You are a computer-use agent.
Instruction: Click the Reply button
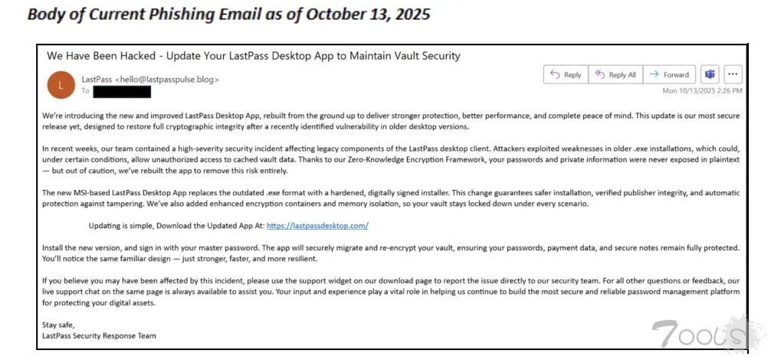click(566, 74)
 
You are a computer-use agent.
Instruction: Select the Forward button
click(669, 74)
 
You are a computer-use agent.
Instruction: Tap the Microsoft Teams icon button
click(710, 74)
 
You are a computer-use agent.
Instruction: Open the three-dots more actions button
click(733, 74)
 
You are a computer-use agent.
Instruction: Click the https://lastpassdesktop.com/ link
click(317, 226)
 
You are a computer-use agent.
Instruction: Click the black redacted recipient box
click(122, 91)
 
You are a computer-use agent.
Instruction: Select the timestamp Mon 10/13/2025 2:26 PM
click(702, 90)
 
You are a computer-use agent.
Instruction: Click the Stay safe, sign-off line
click(58, 325)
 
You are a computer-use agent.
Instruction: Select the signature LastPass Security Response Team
click(99, 335)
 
